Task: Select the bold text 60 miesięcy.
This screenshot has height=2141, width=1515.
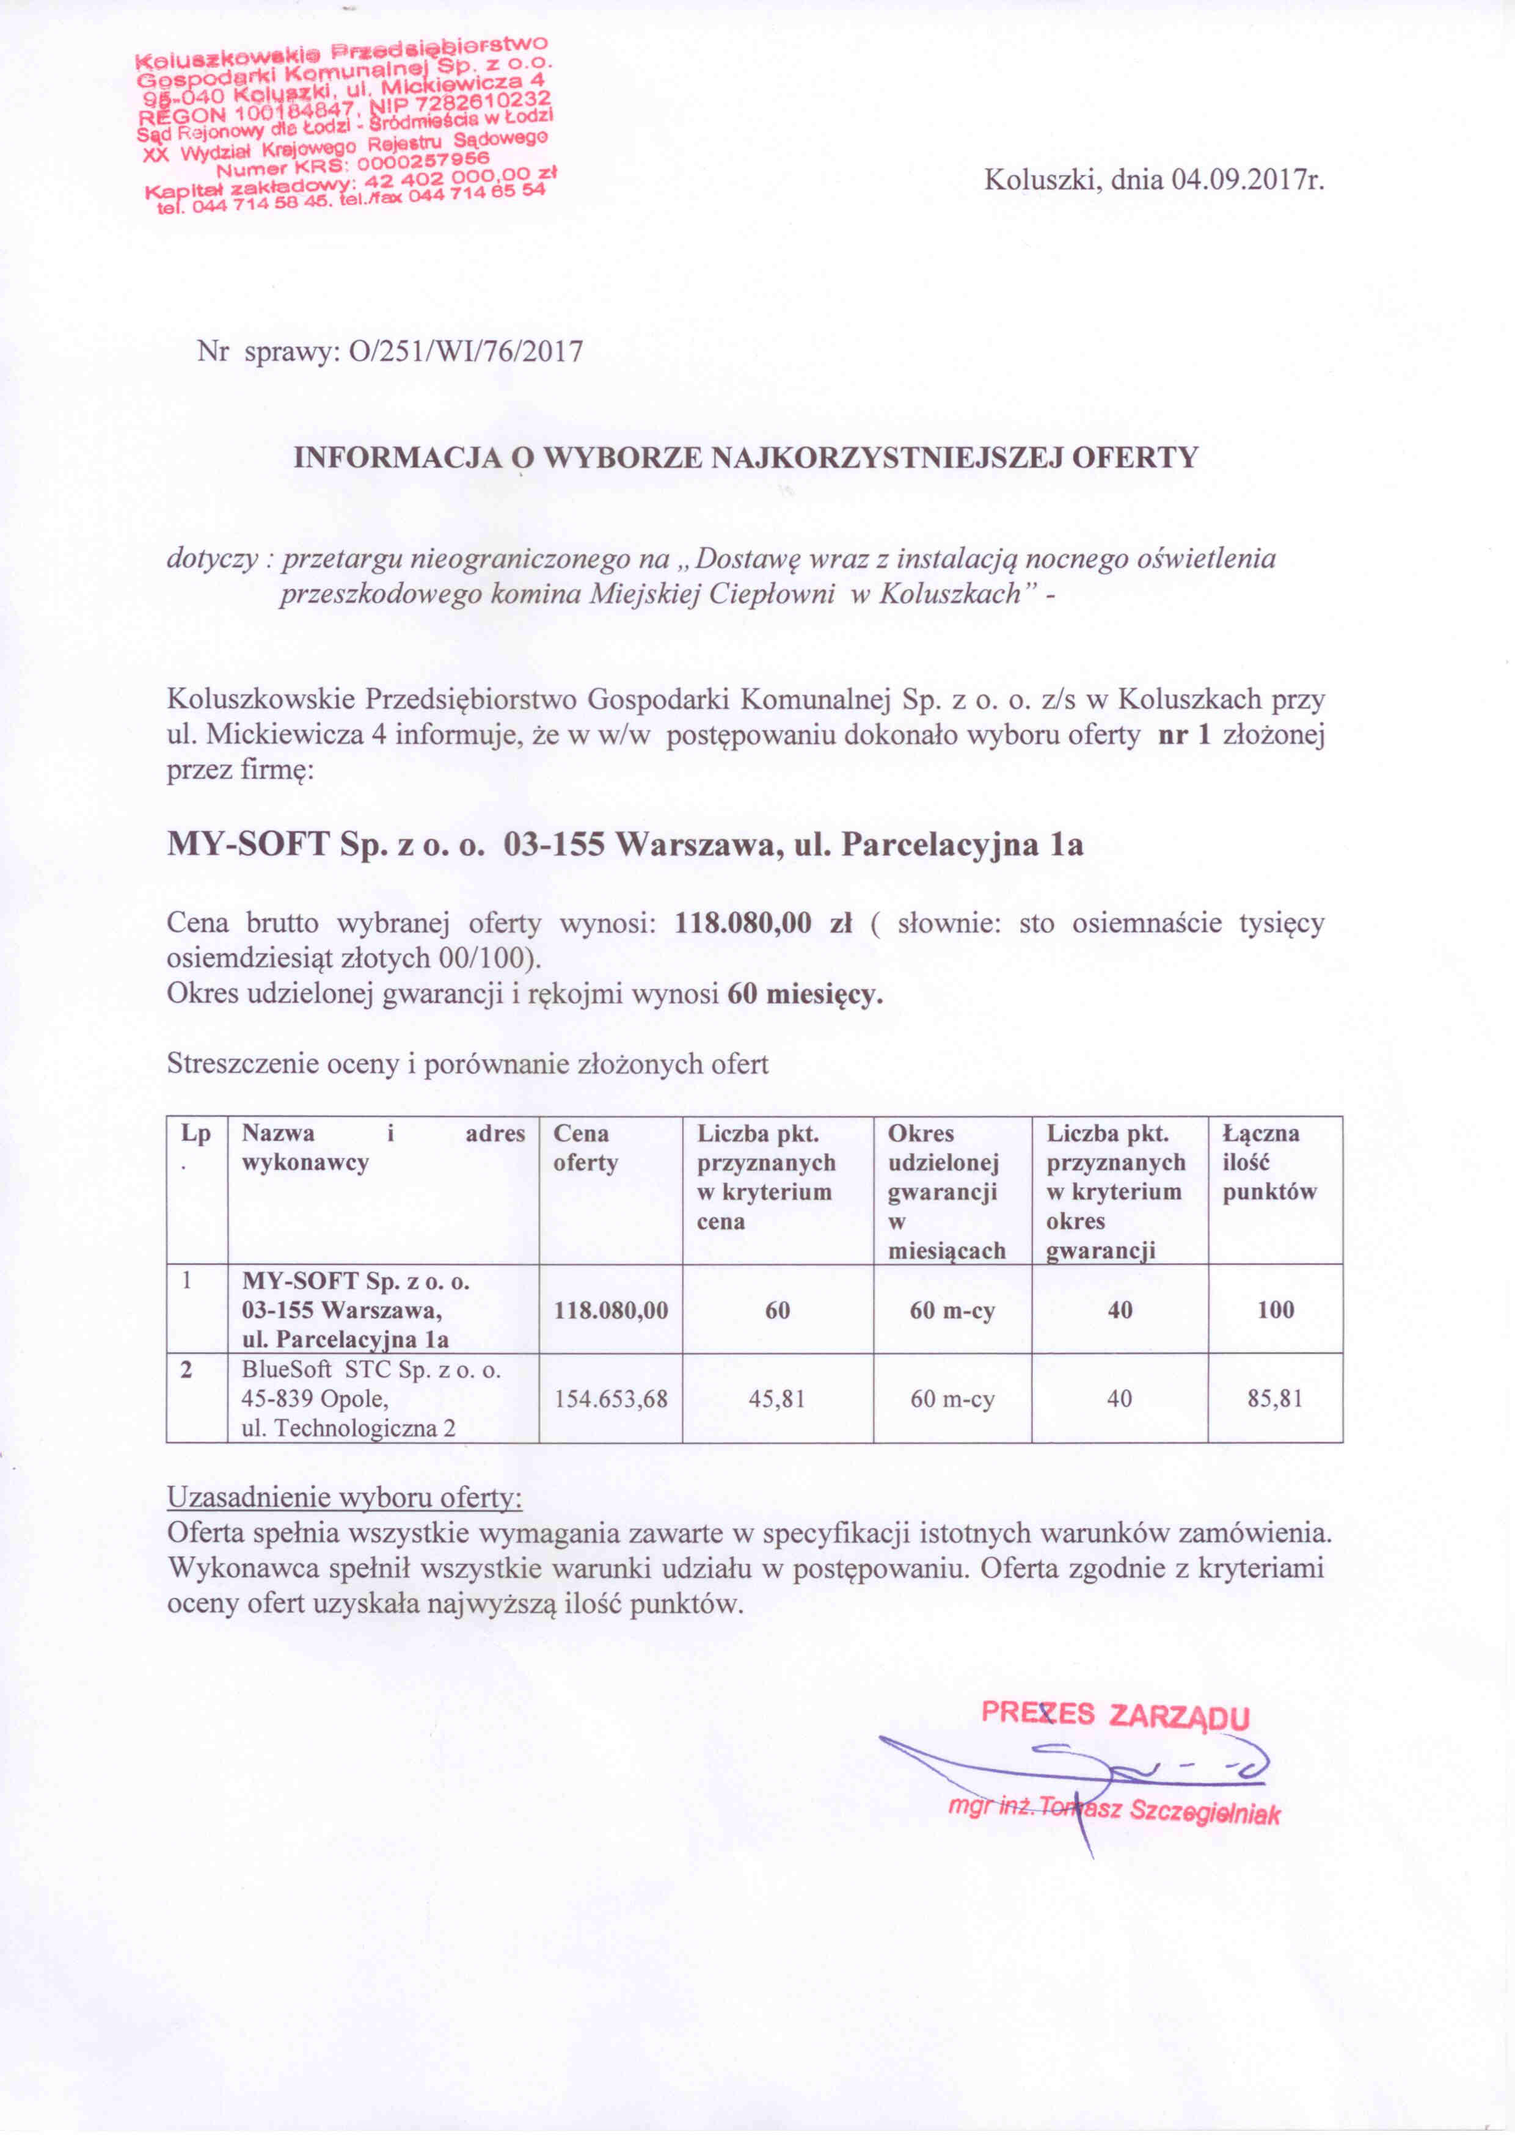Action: point(804,994)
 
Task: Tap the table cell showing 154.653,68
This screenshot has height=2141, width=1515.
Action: point(611,1399)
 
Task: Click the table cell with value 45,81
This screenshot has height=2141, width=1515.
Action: point(777,1399)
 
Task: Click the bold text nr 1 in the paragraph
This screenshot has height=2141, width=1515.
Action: point(1184,736)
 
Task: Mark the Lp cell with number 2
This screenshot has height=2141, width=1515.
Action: point(186,1370)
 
